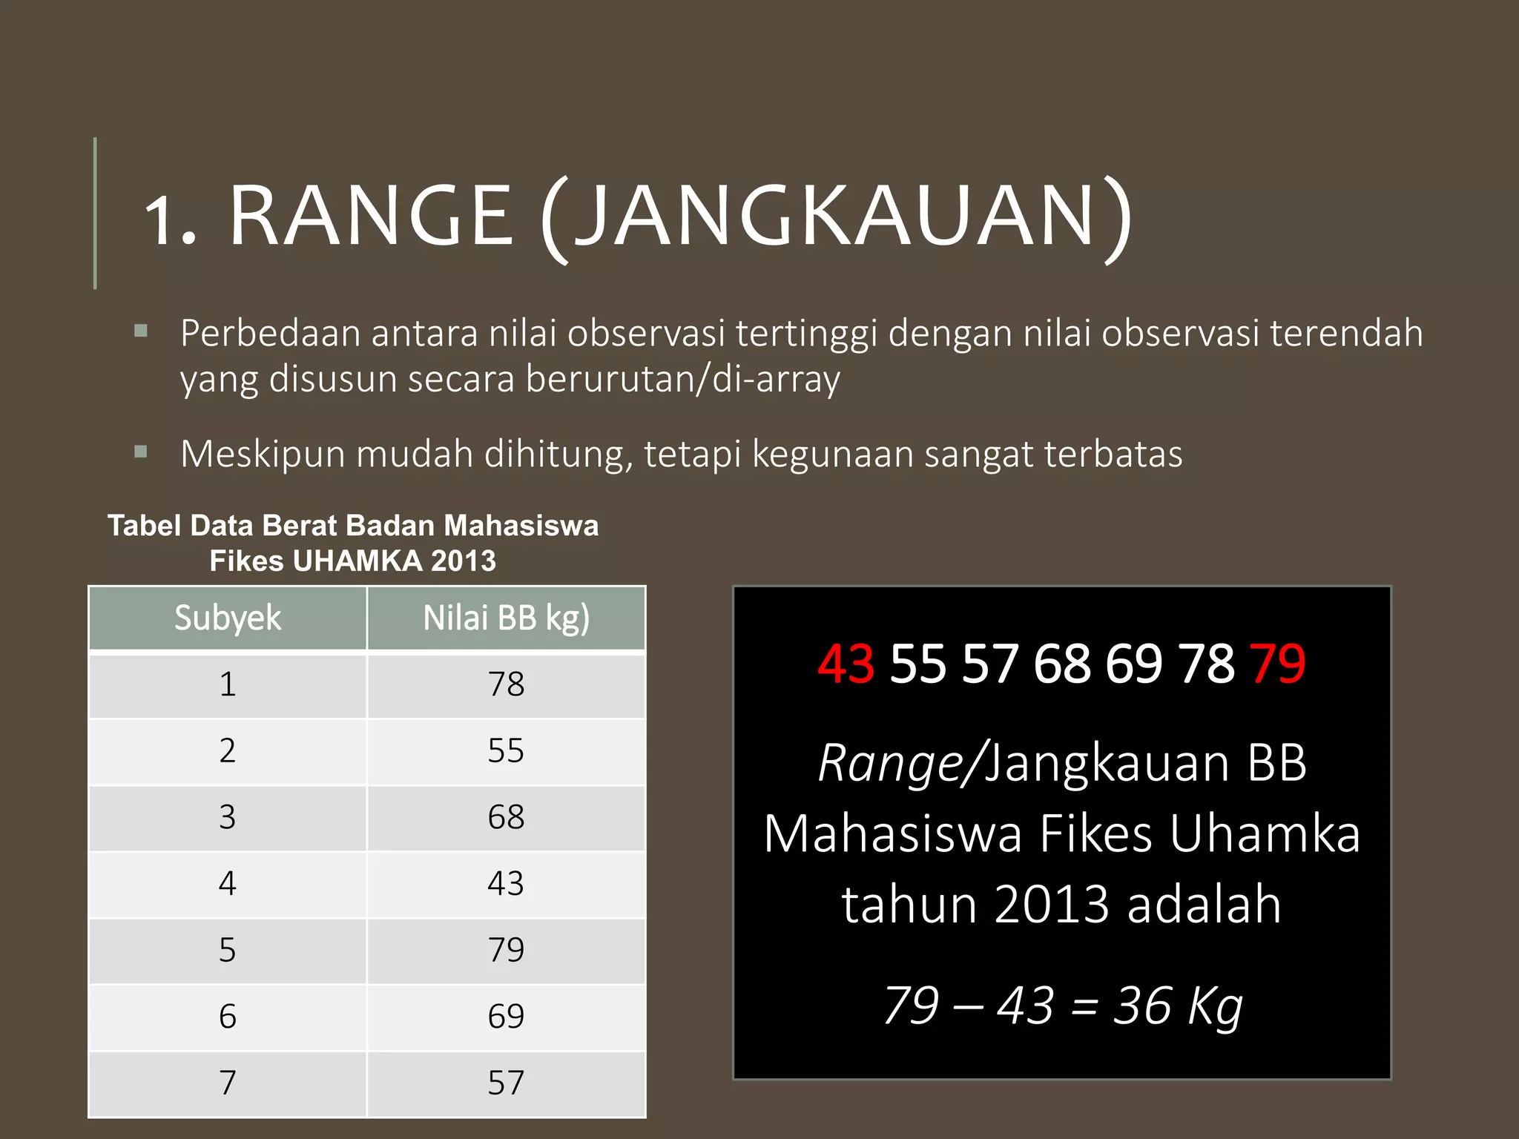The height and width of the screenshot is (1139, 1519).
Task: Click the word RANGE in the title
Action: pyautogui.click(x=371, y=216)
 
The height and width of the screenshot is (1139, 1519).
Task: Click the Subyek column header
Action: pyautogui.click(x=228, y=618)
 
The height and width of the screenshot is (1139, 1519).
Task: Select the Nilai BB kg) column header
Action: pyautogui.click(x=506, y=618)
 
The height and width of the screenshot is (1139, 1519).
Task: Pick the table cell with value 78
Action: pyautogui.click(x=506, y=684)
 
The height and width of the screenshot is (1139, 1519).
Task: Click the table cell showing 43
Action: pyautogui.click(x=506, y=884)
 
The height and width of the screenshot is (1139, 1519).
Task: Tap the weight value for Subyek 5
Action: pyautogui.click(x=506, y=950)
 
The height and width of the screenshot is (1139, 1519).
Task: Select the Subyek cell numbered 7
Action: pyautogui.click(x=228, y=1083)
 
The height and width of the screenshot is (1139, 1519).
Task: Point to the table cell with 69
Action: pyautogui.click(x=506, y=1017)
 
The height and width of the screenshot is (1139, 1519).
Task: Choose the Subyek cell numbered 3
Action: pyautogui.click(x=228, y=817)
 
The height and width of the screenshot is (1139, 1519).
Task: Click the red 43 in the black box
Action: pyautogui.click(x=846, y=664)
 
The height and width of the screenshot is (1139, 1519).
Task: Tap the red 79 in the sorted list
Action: pyautogui.click(x=1277, y=664)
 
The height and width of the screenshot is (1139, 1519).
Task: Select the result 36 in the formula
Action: pyautogui.click(x=1142, y=1006)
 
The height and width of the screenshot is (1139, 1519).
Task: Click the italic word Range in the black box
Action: pyautogui.click(x=890, y=764)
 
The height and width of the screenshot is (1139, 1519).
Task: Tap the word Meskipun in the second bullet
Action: pyautogui.click(x=262, y=455)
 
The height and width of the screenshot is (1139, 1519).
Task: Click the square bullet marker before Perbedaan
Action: pyautogui.click(x=141, y=331)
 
